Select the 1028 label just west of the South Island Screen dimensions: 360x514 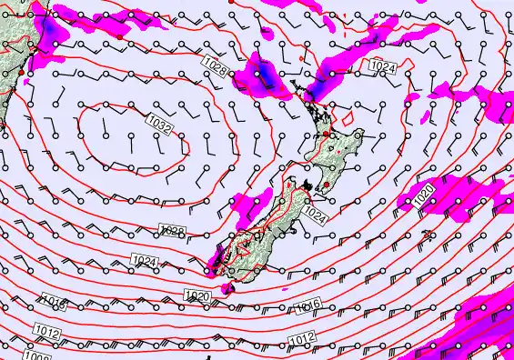[x=172, y=233]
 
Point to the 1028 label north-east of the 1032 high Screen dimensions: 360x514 [x=215, y=64]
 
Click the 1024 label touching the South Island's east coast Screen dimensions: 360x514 [x=315, y=215]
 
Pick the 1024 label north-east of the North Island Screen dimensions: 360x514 [x=381, y=65]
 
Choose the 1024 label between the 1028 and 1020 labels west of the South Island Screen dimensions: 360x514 [x=144, y=263]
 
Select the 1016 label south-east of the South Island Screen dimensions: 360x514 [x=308, y=305]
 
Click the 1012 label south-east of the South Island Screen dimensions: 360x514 [x=302, y=339]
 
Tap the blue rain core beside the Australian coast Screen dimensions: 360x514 [x=52, y=34]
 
